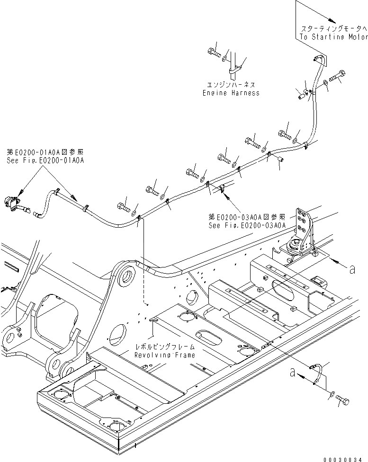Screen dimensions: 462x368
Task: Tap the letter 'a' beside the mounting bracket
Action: click(351, 269)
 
